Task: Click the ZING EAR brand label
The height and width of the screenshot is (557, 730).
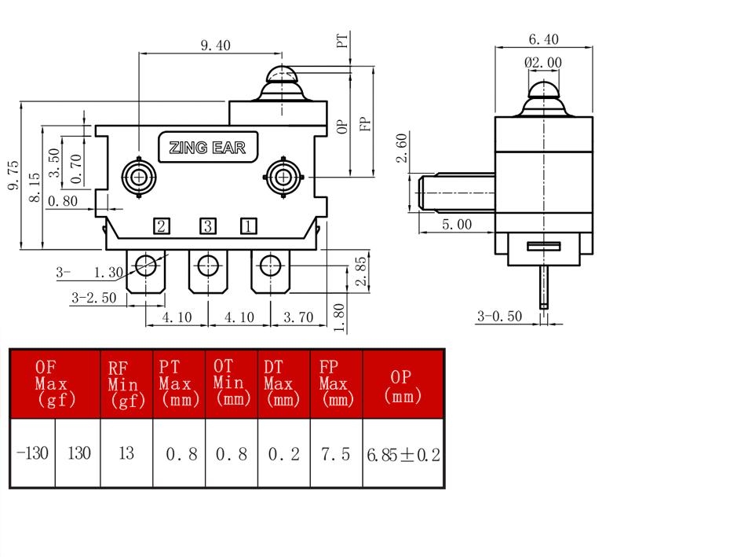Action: (x=208, y=147)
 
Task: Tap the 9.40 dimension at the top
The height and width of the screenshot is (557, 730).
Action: (x=216, y=46)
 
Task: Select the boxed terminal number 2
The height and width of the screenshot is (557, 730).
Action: (x=162, y=226)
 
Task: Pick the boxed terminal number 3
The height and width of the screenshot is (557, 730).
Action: (x=208, y=226)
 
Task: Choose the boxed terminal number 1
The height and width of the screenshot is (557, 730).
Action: (x=249, y=226)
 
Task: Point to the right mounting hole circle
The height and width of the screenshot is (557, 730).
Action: (x=283, y=177)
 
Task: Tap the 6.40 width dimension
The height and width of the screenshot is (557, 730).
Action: (x=543, y=39)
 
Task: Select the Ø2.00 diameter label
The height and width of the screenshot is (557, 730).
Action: (x=543, y=62)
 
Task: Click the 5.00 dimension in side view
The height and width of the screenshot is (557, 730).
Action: (x=457, y=224)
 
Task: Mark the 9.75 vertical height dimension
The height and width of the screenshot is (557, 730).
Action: (x=13, y=175)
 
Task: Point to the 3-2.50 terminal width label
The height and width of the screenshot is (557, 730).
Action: (x=94, y=298)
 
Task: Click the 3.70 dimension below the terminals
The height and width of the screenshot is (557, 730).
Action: (x=298, y=317)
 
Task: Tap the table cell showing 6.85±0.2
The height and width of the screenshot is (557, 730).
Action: (x=403, y=454)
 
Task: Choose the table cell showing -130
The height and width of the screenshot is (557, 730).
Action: (x=32, y=453)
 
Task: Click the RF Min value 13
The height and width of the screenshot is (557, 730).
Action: (x=126, y=453)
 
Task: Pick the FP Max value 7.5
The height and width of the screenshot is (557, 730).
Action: (x=336, y=453)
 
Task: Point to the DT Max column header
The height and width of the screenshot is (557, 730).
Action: (x=282, y=383)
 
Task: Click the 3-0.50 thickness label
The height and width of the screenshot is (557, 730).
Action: (x=499, y=317)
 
